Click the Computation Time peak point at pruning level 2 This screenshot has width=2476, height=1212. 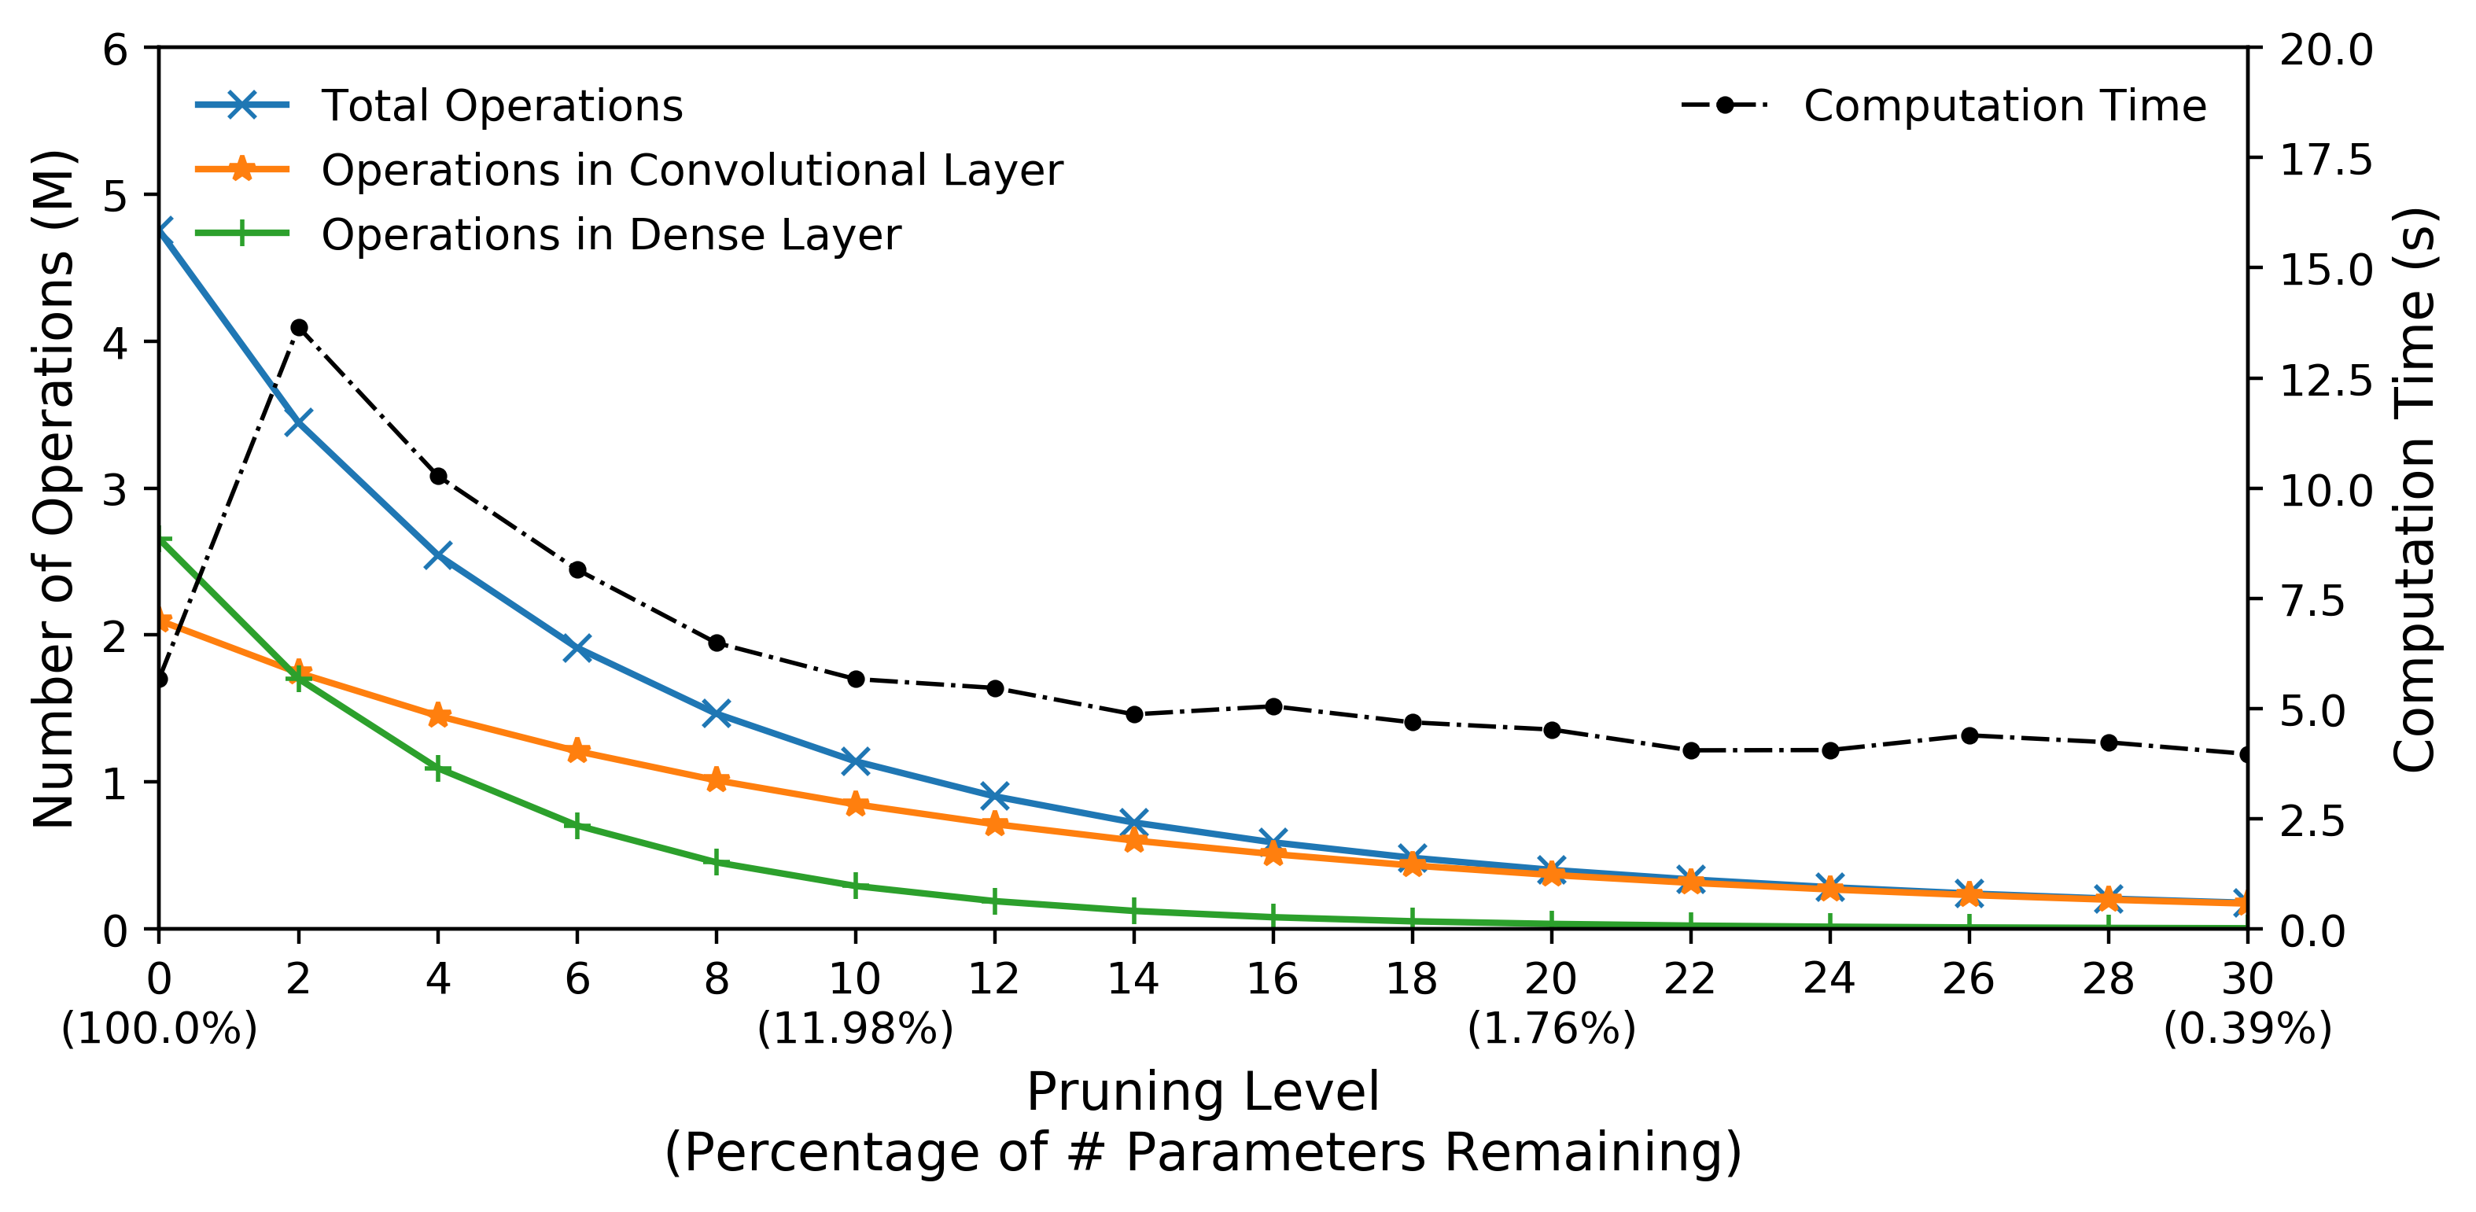click(299, 328)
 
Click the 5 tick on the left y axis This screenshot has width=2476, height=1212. click(116, 195)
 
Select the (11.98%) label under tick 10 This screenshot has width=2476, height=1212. click(854, 1029)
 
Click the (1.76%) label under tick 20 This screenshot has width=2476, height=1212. click(1550, 1029)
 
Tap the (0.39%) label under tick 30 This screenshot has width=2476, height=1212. click(2247, 1029)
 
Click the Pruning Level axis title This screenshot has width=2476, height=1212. click(1202, 1092)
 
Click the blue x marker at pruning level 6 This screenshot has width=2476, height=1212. click(577, 648)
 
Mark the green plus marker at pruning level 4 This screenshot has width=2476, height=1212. click(438, 769)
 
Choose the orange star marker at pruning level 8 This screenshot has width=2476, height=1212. click(716, 779)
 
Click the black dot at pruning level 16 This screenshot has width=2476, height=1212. click(1273, 706)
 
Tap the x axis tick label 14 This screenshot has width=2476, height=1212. click(1133, 979)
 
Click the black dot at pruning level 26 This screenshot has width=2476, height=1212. click(1969, 735)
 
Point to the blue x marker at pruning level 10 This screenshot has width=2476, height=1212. click(854, 761)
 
